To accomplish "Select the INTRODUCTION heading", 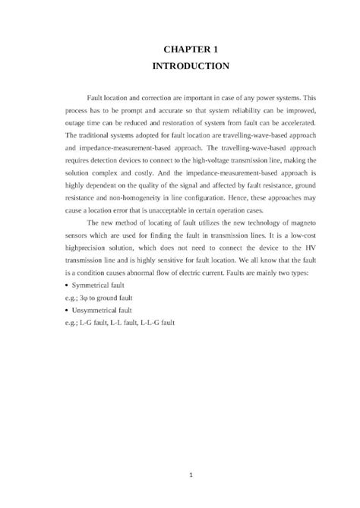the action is coord(191,66).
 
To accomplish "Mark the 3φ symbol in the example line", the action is coord(87,298).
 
